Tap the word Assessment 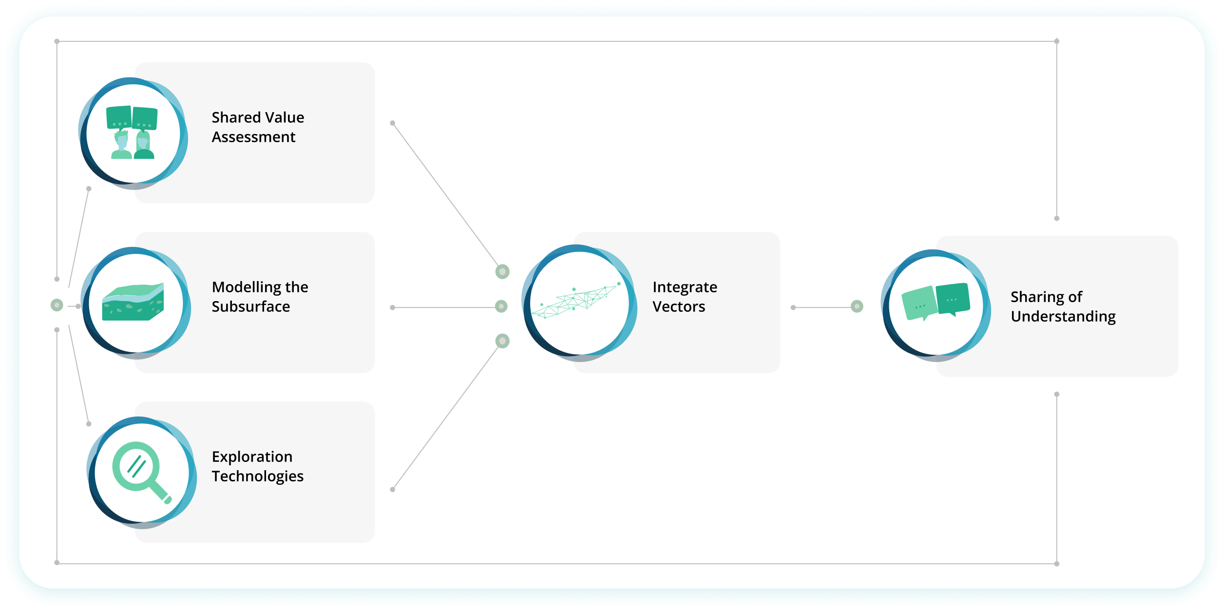point(253,137)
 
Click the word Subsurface point(251,306)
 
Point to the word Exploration point(252,457)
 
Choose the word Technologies point(258,477)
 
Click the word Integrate point(685,287)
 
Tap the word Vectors point(679,306)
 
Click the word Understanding point(1063,317)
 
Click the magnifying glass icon point(142,473)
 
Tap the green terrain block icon point(133,302)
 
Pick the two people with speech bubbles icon point(132,132)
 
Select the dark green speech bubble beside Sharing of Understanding point(953,299)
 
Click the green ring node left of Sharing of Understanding point(857,306)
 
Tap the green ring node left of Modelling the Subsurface point(57,305)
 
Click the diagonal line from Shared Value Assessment point(445,194)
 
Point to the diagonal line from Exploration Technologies point(445,418)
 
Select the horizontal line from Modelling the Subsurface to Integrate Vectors point(443,308)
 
